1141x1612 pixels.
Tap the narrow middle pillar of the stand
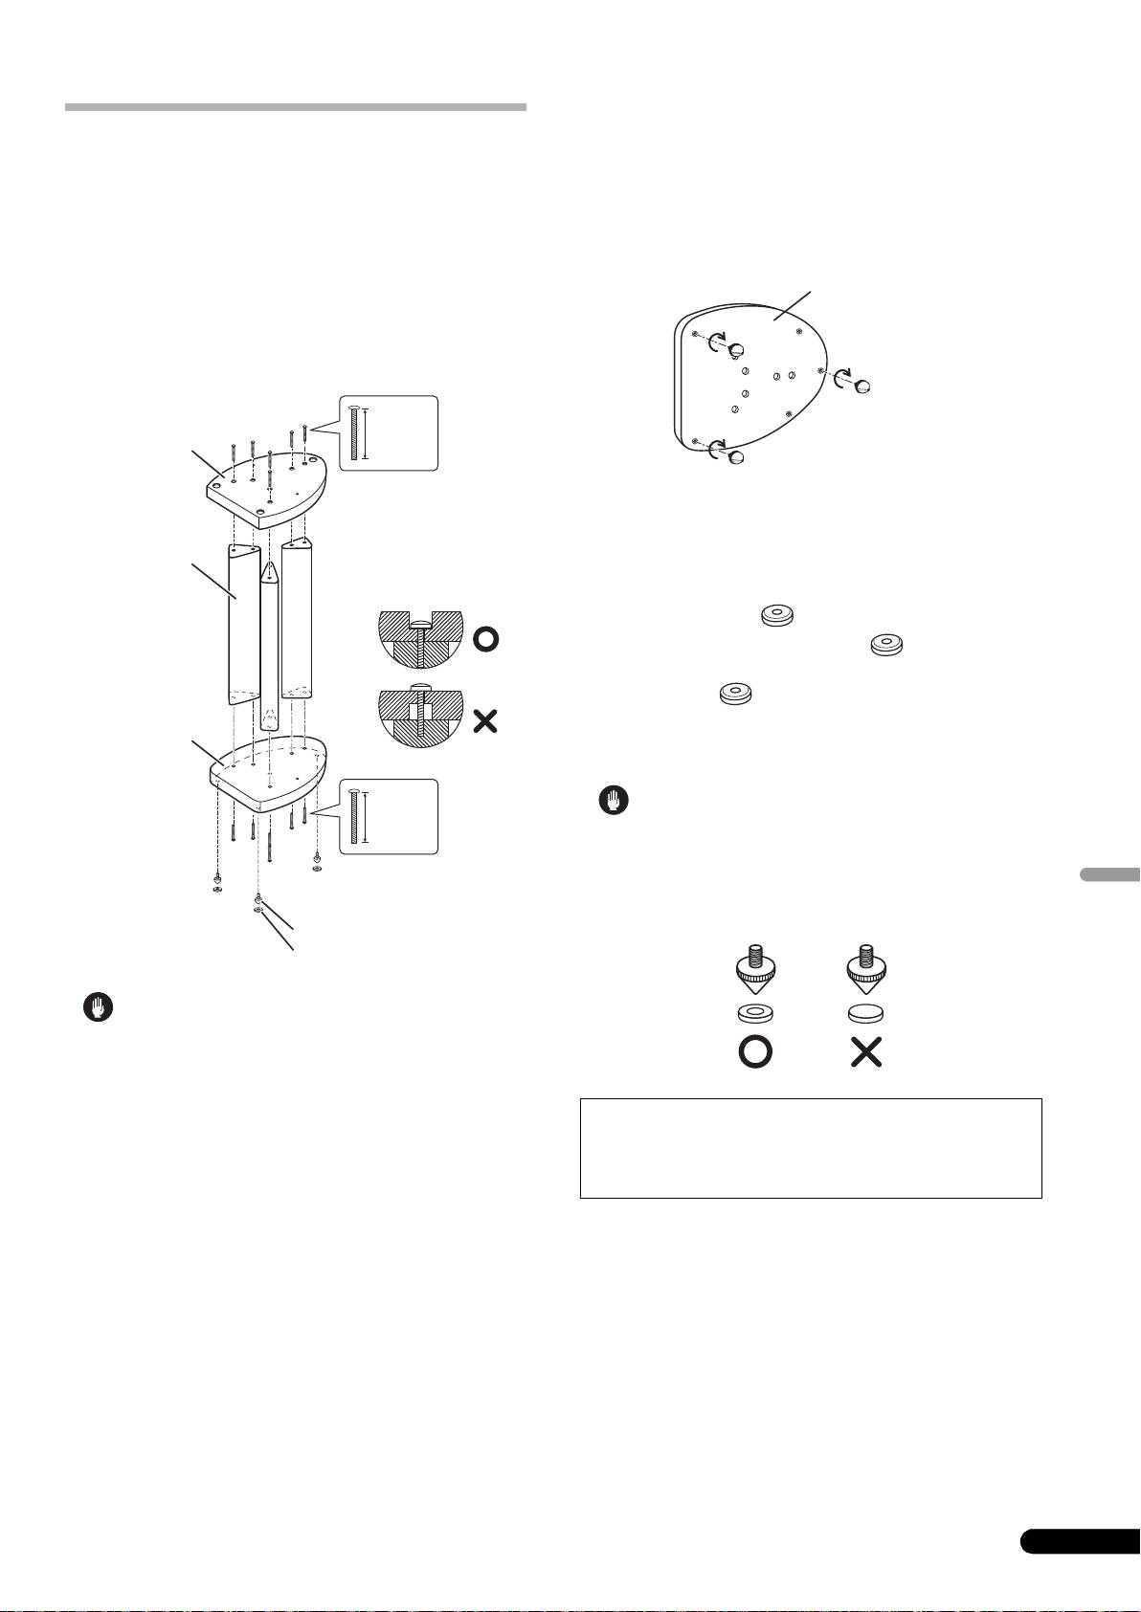point(270,641)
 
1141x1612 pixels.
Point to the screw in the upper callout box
point(356,433)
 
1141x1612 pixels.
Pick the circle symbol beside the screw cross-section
point(485,639)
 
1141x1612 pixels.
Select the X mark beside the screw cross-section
point(485,720)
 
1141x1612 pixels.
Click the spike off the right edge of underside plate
point(861,385)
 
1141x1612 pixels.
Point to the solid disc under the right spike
point(865,1014)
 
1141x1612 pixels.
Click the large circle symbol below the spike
point(754,1053)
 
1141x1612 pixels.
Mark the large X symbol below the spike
point(865,1053)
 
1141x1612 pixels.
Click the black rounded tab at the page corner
point(1079,1566)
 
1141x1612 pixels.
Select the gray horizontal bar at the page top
point(296,107)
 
